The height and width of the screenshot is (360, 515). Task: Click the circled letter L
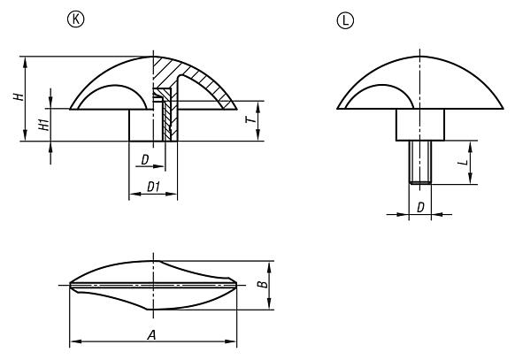tap(342, 17)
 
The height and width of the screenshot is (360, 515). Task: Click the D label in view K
tap(143, 159)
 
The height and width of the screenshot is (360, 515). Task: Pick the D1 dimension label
tap(152, 187)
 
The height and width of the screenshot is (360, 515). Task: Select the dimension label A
tap(153, 334)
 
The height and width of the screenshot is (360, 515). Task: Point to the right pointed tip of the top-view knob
tap(237, 285)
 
